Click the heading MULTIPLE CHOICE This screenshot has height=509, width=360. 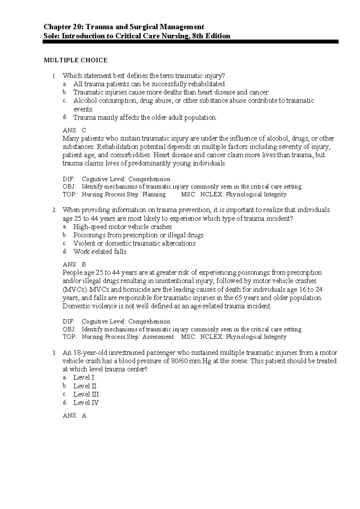pyautogui.click(x=76, y=60)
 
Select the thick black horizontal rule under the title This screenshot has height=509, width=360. pyautogui.click(x=191, y=42)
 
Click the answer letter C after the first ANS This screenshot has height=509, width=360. pyautogui.click(x=84, y=130)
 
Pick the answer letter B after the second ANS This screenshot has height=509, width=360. pyautogui.click(x=84, y=264)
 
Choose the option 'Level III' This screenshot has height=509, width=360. pyautogui.click(x=86, y=394)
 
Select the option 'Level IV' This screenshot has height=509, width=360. pyautogui.click(x=86, y=403)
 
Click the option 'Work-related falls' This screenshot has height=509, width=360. pyautogui.click(x=100, y=251)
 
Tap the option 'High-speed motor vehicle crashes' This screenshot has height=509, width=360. pyautogui.click(x=122, y=227)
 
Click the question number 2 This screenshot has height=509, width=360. pyautogui.click(x=54, y=210)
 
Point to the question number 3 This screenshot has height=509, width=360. pyautogui.click(x=54, y=353)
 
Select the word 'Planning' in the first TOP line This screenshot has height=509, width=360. pyautogui.click(x=154, y=194)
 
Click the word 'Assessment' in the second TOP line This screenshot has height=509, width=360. pyautogui.click(x=158, y=337)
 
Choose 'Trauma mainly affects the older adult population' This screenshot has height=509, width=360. pyautogui.click(x=145, y=118)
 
